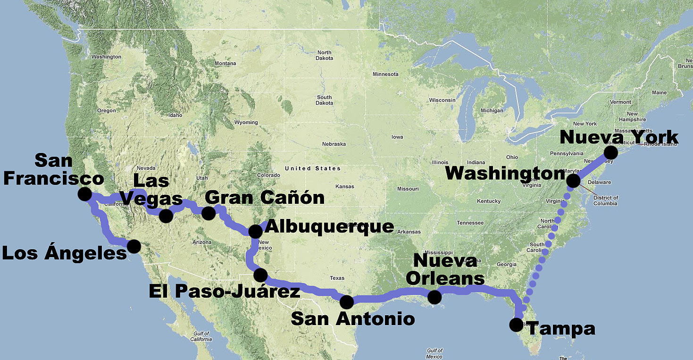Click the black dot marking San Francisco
coord(85,194)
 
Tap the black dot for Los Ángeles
coord(134,246)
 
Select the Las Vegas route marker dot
coord(166,216)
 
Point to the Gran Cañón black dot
coord(209,213)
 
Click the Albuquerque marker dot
coord(255,231)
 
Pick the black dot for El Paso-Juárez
coord(260,275)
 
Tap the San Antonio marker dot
coord(346,302)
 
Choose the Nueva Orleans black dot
coord(434,297)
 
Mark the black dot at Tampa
coord(516,325)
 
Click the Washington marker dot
coord(573,181)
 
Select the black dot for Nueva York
coord(610,152)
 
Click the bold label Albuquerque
coord(329,226)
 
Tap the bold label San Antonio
coord(353,318)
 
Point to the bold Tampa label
coord(561,329)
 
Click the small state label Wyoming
coord(246,123)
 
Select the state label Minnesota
coord(385,74)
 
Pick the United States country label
coord(312,168)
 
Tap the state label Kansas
coord(346,187)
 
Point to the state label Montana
coord(225,63)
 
